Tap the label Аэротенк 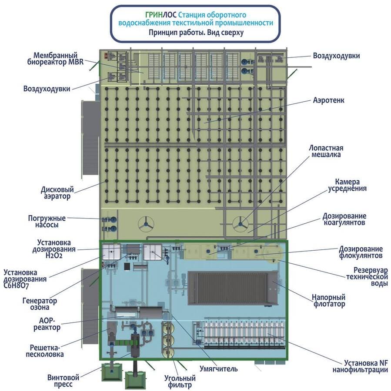pos(328,100)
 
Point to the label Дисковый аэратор pos(57,193)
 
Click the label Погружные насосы pos(50,221)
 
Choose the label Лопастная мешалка pos(324,151)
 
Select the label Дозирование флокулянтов pos(361,252)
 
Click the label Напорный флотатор pos(328,301)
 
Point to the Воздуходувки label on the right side pos(336,56)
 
